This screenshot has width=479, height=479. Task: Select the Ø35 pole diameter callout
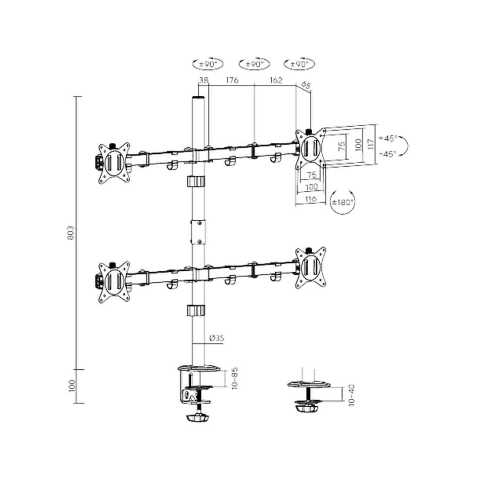216,337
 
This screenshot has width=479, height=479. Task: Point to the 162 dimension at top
276,80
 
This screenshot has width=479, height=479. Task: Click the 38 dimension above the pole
203,80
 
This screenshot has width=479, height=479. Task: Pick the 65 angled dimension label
306,85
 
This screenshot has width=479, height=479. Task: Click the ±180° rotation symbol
342,202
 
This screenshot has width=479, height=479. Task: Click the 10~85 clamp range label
234,378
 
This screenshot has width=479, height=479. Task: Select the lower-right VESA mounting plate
310,267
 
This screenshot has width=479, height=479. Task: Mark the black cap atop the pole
198,99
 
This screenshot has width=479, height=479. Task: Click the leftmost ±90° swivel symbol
208,64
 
